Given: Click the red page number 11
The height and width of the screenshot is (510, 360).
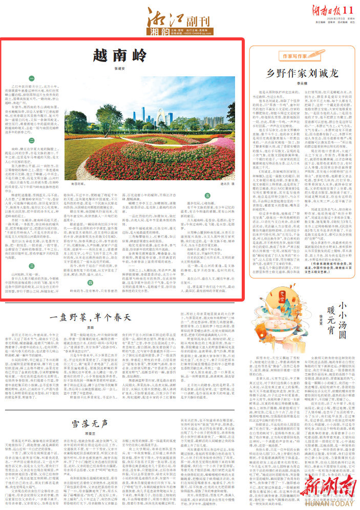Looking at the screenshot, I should pos(348,10).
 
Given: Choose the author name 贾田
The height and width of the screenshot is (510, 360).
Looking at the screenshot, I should pos(91,328).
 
